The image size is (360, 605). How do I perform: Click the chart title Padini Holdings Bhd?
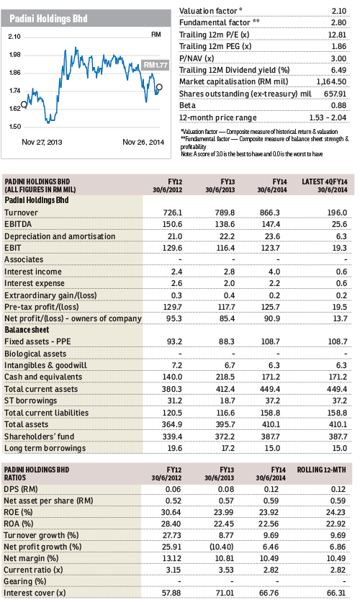pos(49,19)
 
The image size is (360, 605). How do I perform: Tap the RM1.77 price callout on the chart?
pos(156,65)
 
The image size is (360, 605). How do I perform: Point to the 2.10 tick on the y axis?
pos(14,37)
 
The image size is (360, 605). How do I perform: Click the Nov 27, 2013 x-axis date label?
pos(42,142)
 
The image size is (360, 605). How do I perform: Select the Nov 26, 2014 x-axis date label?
pos(143,142)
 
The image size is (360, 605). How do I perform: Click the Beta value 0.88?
pos(338,105)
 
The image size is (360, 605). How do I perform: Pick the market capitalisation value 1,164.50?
pos(331,81)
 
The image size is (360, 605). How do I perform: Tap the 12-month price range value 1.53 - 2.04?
pos(328,117)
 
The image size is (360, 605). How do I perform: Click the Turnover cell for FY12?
pos(173,212)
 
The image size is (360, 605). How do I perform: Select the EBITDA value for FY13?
pos(225,224)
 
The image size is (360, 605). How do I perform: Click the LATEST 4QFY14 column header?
pos(325,185)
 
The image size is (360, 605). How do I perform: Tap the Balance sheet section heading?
pos(27,330)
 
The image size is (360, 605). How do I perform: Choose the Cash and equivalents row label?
pos(43,377)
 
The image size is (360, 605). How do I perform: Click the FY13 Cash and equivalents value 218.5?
pos(225,377)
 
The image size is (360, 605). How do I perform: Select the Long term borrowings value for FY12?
pos(175,448)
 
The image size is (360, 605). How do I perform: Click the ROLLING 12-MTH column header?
pos(321,470)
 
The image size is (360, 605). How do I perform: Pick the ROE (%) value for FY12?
pos(171,512)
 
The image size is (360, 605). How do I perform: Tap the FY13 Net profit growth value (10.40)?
pos(222,547)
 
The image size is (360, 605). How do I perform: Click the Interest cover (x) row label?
pos(35,593)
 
